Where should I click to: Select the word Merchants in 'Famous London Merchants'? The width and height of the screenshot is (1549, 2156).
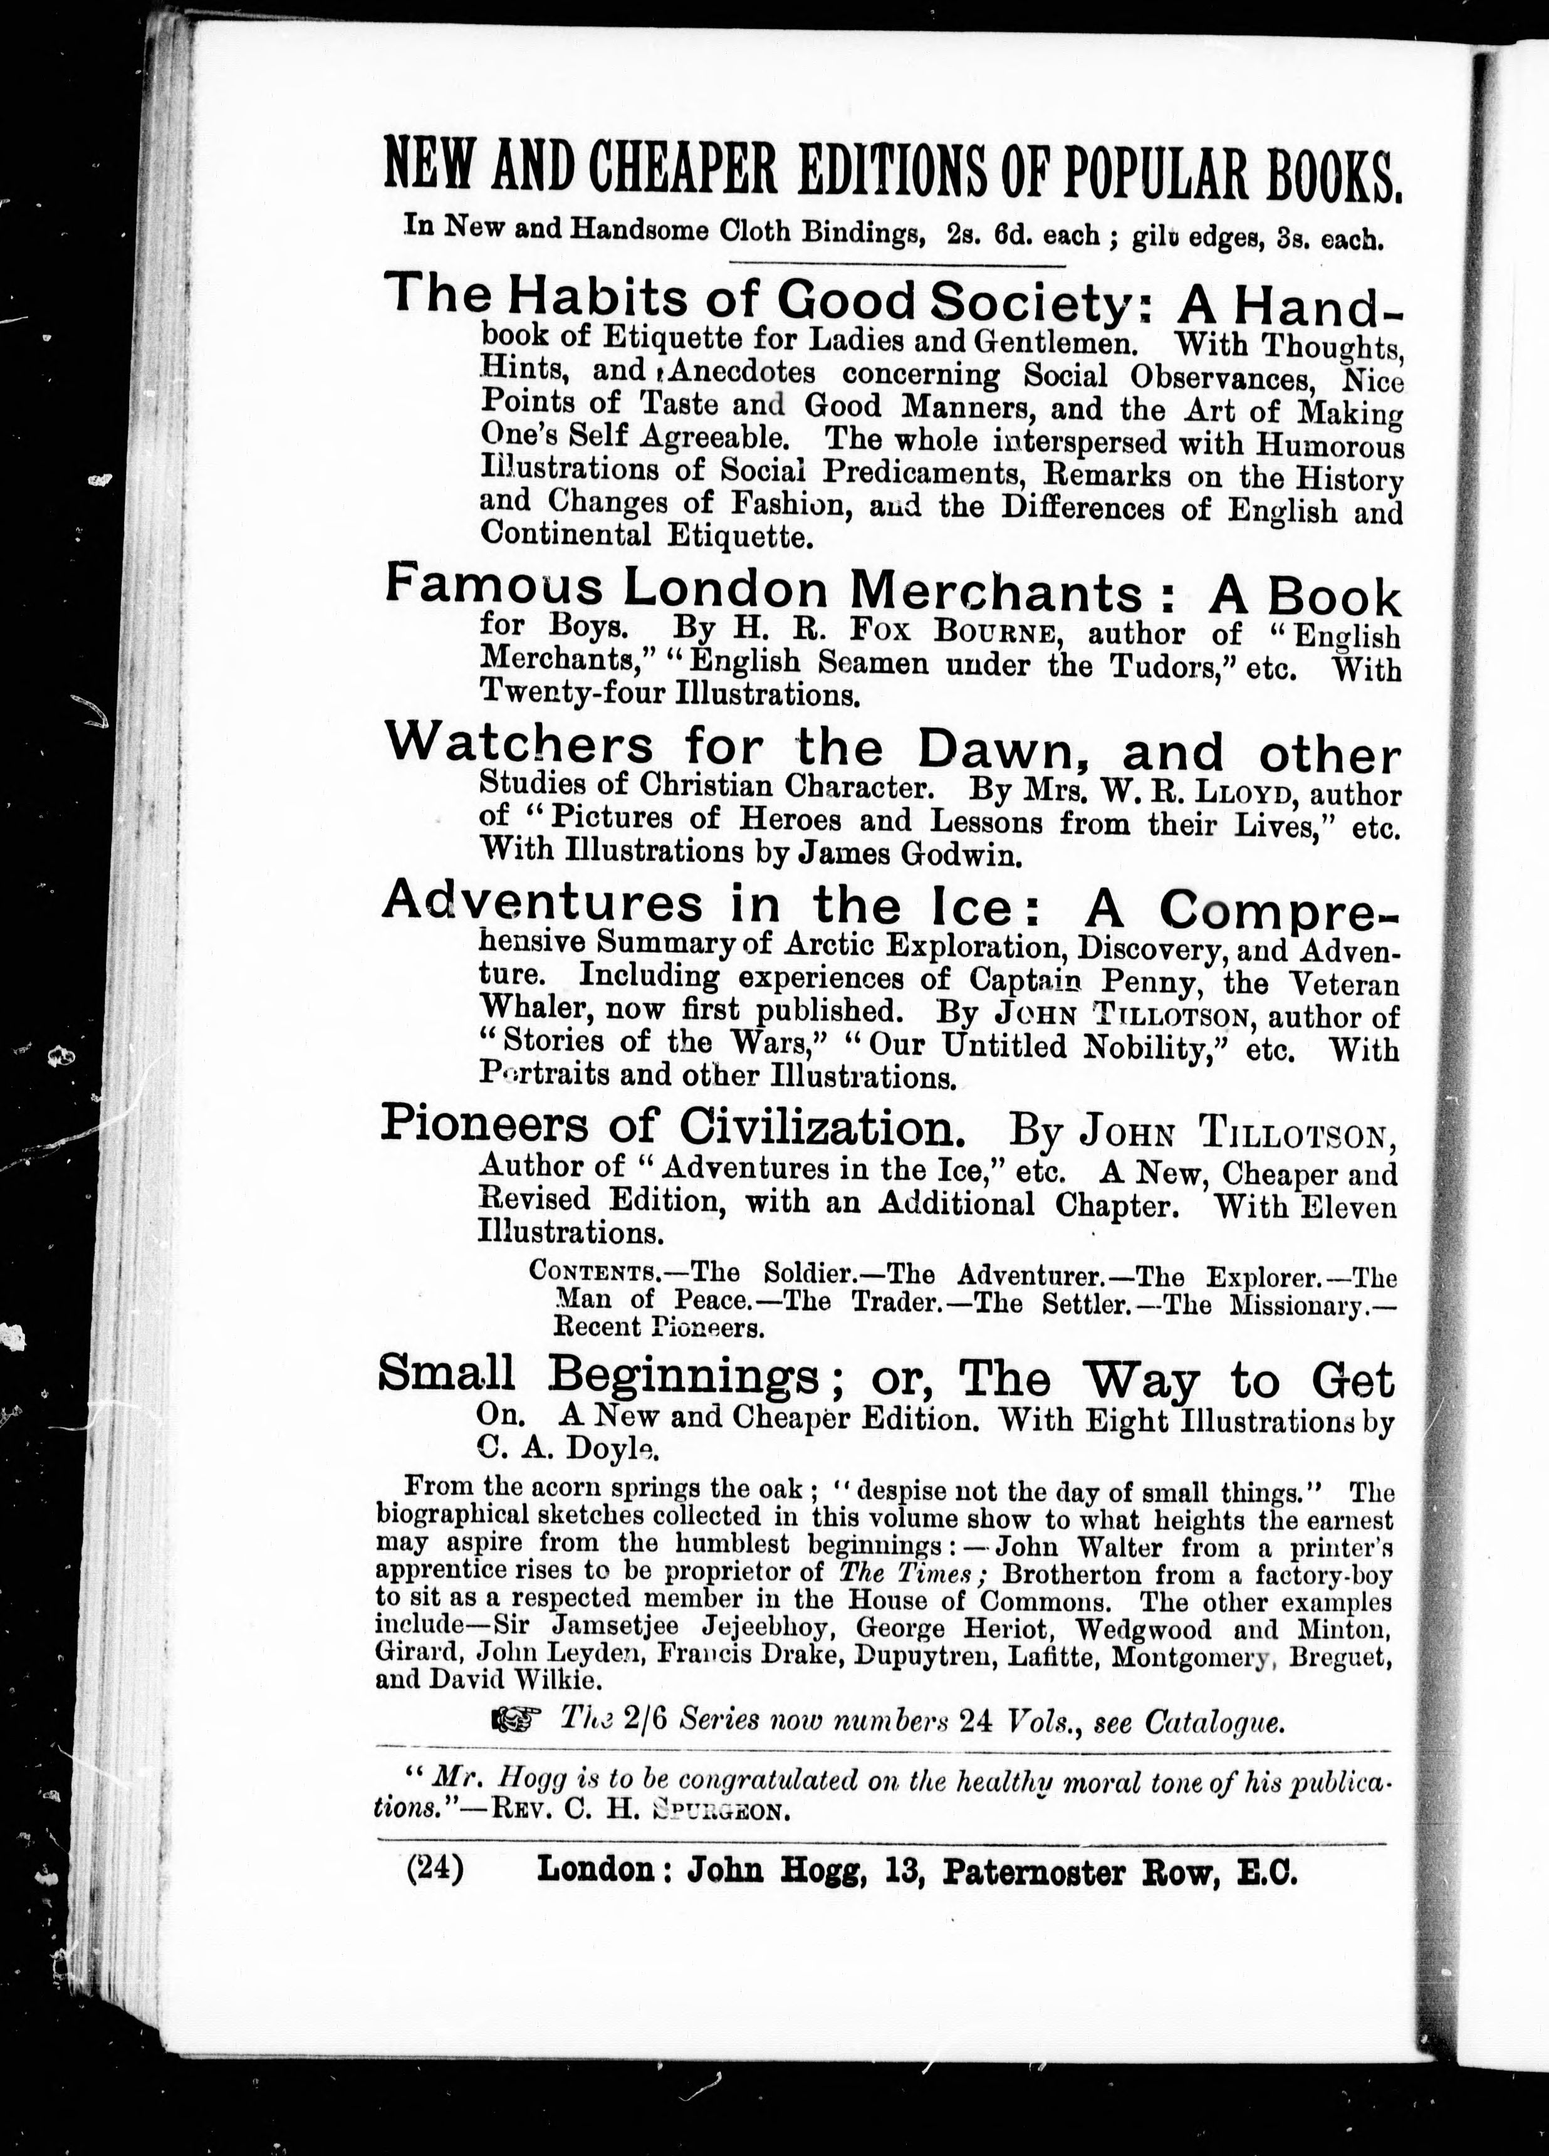pyautogui.click(x=997, y=593)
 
